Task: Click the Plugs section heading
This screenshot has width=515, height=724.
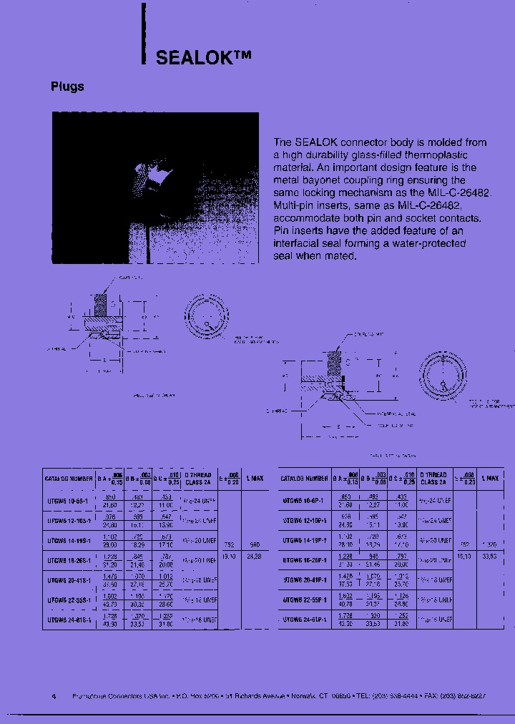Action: (67, 87)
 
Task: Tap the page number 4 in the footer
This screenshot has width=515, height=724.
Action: (54, 696)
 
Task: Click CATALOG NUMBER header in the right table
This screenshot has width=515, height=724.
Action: (303, 478)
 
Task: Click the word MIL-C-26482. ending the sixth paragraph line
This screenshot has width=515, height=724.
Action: (457, 193)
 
